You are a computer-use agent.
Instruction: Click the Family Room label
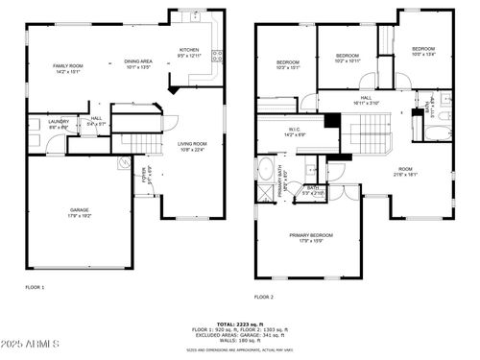[68, 65]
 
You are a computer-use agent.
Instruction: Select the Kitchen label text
[190, 50]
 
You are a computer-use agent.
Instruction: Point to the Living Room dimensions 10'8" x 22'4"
[193, 150]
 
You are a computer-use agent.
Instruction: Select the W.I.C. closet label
[295, 130]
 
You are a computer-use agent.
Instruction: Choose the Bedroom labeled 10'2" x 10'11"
[347, 56]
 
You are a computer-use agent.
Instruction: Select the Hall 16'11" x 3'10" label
[366, 97]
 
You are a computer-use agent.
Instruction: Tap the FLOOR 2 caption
[264, 297]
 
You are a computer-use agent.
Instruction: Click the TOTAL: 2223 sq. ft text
[240, 324]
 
